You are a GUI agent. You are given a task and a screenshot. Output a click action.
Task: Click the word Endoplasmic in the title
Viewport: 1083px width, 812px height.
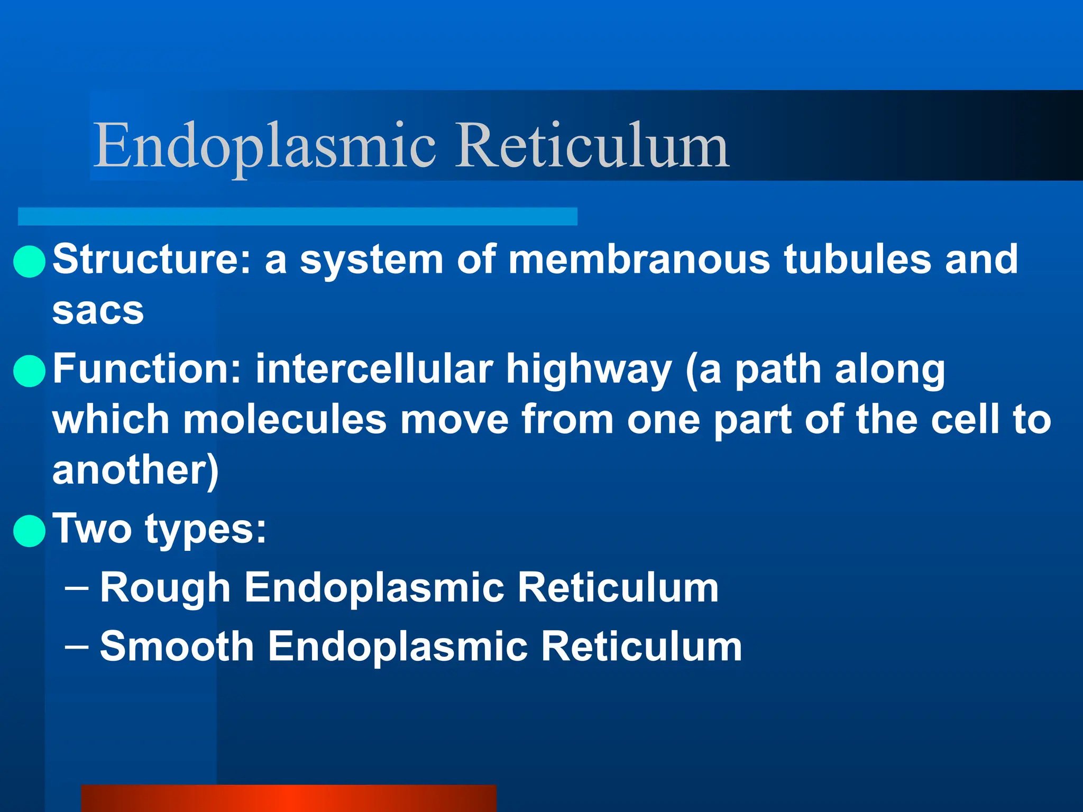264,145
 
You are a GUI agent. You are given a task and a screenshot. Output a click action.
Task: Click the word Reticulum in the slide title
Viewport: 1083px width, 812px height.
592,145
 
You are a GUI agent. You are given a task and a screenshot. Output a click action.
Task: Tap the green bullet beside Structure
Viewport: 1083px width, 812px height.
29,261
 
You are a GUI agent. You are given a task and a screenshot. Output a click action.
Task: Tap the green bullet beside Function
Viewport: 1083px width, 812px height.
29,371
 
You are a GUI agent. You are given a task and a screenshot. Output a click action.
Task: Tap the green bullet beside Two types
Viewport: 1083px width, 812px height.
29,530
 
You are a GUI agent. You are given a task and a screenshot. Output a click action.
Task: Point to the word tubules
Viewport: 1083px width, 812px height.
857,260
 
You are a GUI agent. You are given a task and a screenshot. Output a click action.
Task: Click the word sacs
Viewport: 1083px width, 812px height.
98,310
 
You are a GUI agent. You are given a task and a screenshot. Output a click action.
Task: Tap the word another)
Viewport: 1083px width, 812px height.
135,470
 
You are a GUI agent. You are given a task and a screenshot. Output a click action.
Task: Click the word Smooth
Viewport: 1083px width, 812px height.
177,646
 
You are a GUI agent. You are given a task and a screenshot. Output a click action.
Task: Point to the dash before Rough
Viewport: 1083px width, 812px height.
76,587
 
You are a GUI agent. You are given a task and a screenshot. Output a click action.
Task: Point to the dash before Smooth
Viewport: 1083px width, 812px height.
76,645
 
